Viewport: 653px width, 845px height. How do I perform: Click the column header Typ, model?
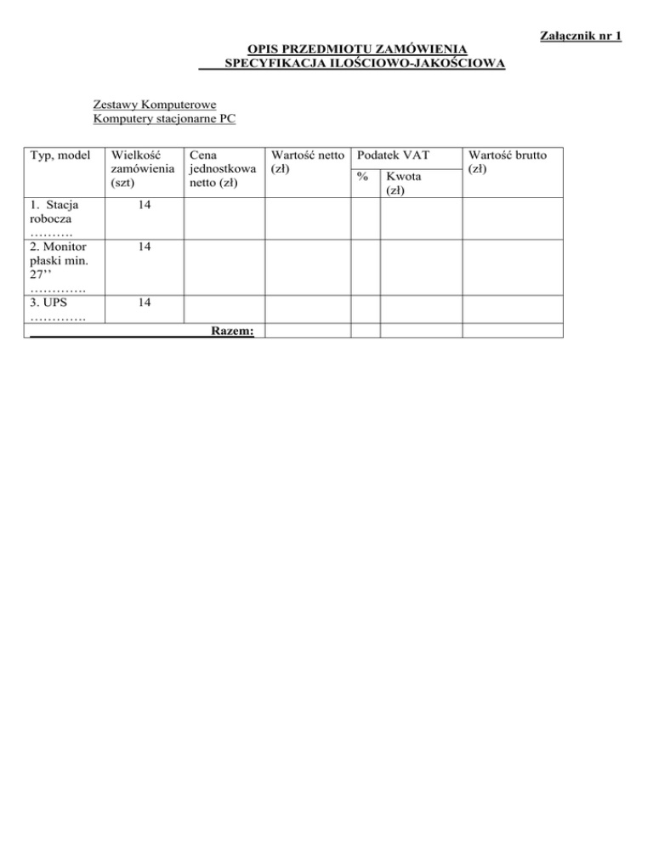pyautogui.click(x=60, y=156)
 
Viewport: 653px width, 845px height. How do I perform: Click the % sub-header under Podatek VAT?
pyautogui.click(x=363, y=177)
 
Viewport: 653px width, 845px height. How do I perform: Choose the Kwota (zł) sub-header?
pyautogui.click(x=403, y=184)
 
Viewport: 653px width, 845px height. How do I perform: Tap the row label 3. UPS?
pyautogui.click(x=49, y=302)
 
